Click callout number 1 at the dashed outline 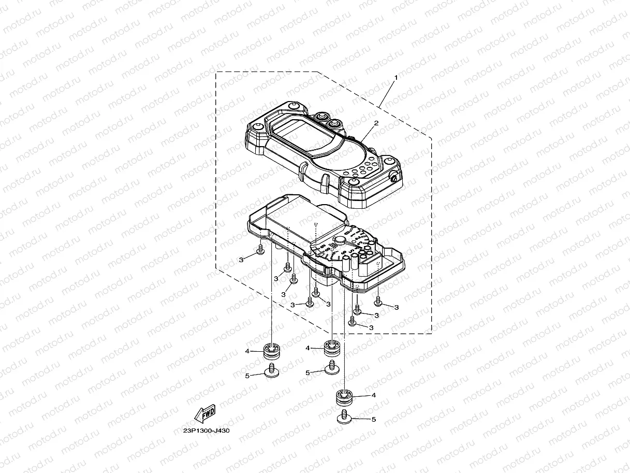(x=396, y=77)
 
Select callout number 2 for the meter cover (x=376, y=123)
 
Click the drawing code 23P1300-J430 (x=206, y=431)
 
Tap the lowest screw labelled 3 (x=352, y=322)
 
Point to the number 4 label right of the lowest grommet (x=373, y=395)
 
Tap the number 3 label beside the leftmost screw (x=241, y=260)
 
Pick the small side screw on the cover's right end (x=394, y=178)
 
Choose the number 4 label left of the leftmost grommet (x=247, y=351)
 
